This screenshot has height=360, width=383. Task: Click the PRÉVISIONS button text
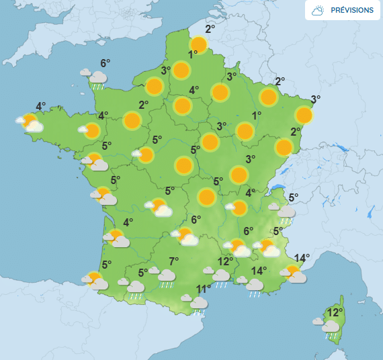tap(352, 11)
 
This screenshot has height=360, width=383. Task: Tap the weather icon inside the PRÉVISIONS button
tap(318, 11)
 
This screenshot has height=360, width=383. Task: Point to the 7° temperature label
tap(173, 261)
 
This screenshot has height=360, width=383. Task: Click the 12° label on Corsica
tap(335, 312)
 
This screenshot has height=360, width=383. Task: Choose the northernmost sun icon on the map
tap(198, 45)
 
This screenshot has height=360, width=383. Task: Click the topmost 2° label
tap(210, 29)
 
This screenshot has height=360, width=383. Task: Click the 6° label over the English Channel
tap(105, 64)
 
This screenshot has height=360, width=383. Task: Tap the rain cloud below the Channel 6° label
tap(97, 79)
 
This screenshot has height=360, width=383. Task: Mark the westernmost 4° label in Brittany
tap(40, 106)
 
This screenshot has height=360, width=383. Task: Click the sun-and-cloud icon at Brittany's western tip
tap(31, 124)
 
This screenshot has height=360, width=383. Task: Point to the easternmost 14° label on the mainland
tap(302, 258)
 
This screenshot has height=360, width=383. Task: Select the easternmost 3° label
tap(315, 99)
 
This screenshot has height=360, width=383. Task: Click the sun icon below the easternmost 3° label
tap(304, 115)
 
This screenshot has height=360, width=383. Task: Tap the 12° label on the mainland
tap(225, 261)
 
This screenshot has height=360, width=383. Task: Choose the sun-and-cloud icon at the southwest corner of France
tap(95, 280)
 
